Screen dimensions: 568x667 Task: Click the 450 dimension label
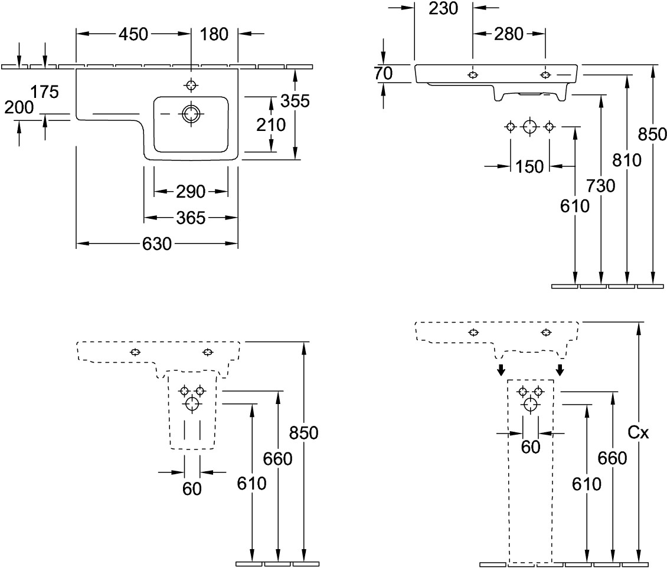[x=133, y=34]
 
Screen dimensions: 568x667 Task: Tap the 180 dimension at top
[x=214, y=34]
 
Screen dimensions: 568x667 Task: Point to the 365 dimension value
[x=191, y=218]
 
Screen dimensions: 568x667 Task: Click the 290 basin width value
[x=191, y=191]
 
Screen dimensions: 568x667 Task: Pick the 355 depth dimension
[x=295, y=101]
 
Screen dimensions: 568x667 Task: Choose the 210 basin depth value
[x=271, y=124]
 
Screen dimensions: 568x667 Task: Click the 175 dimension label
[x=45, y=91]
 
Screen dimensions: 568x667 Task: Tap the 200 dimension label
[x=19, y=107]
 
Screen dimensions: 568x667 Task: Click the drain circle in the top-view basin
[x=191, y=113]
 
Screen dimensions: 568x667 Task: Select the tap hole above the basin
[x=191, y=85]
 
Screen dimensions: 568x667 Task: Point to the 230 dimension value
[x=444, y=8]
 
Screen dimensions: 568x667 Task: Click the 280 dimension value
[x=509, y=34]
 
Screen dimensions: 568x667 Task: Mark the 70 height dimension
[x=384, y=73]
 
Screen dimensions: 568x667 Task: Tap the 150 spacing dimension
[x=529, y=166]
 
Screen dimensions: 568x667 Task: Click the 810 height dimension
[x=627, y=160]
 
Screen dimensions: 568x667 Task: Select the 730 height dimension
[x=601, y=186]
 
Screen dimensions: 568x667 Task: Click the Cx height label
[x=638, y=433]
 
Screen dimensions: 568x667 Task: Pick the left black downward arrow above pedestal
[x=501, y=370]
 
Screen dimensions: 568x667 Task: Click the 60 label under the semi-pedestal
[x=192, y=488]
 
